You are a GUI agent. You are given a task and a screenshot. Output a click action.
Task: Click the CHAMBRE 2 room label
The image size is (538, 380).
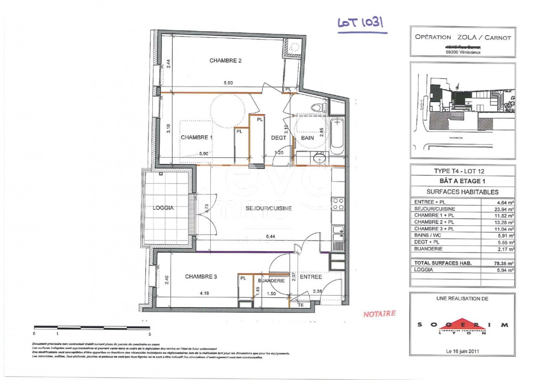click(x=225, y=61)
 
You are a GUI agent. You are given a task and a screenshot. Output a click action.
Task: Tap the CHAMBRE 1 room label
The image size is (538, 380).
click(x=196, y=137)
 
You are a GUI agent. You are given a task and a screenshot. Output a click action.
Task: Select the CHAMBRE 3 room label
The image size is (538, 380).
click(x=201, y=276)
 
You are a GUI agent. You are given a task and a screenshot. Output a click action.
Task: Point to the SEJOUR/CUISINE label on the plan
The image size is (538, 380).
click(x=268, y=208)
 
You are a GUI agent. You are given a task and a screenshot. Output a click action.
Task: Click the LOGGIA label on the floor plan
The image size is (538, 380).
click(x=163, y=208)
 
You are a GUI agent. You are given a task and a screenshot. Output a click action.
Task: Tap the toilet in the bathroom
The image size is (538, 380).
click(x=319, y=107)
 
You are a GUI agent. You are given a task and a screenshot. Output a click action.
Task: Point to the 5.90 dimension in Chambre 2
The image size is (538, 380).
click(x=228, y=83)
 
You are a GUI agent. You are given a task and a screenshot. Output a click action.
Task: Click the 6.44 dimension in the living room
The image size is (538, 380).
click(x=270, y=236)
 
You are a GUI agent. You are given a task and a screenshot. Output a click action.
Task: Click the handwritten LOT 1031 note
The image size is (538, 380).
click(x=361, y=23)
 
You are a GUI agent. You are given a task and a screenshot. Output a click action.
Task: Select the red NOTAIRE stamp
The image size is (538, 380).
click(x=379, y=314)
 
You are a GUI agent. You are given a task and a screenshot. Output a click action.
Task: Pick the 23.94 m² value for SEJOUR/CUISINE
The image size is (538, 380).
click(x=504, y=209)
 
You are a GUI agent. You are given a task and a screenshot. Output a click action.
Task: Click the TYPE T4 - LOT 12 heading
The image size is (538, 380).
click(x=462, y=171)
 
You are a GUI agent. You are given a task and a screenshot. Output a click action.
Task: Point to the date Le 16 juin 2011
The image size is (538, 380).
click(x=462, y=351)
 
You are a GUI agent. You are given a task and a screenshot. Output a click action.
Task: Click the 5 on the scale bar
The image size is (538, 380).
click(x=150, y=333)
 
